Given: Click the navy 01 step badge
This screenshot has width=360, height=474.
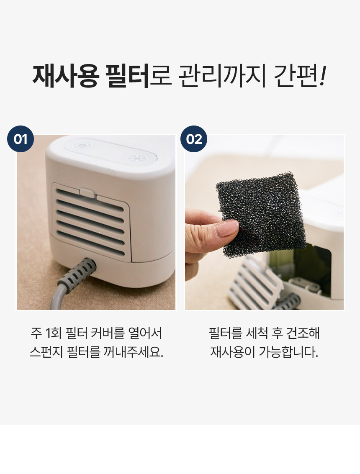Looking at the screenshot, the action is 21,139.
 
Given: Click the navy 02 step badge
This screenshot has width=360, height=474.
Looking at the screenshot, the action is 194,139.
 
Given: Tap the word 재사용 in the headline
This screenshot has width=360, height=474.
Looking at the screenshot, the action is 66,76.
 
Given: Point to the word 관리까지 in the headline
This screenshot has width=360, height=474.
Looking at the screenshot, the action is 222,76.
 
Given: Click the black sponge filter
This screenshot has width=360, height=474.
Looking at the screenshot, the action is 261,214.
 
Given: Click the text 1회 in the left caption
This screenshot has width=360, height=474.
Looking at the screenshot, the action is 53,333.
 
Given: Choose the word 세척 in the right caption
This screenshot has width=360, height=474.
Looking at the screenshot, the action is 257,333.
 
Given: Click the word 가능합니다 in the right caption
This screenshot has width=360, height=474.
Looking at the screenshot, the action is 288,351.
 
